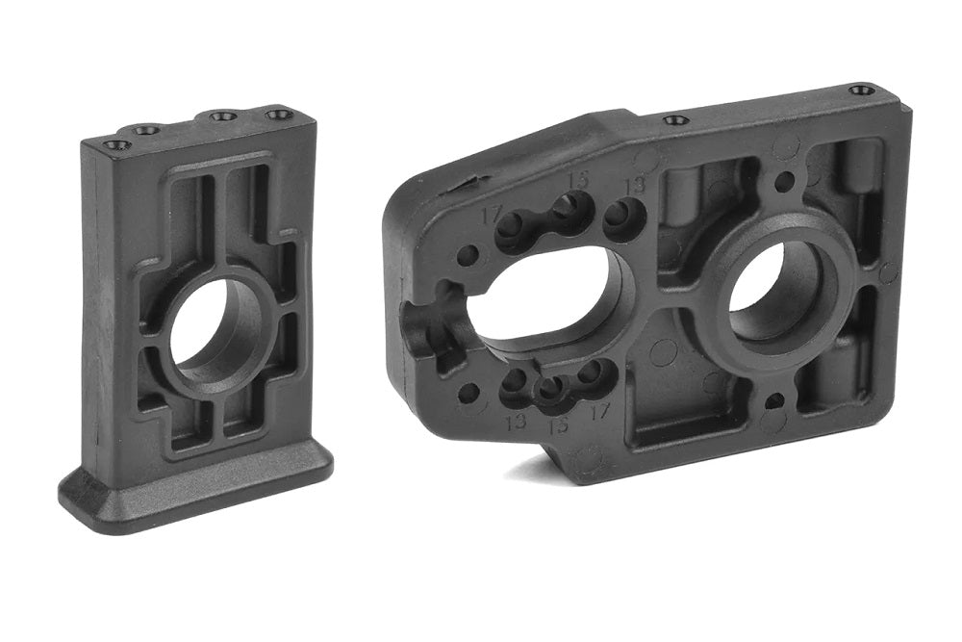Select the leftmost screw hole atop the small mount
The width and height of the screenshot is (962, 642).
tap(117, 145)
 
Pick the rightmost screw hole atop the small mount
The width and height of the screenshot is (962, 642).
tap(279, 115)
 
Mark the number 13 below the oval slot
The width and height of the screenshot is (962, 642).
tap(515, 421)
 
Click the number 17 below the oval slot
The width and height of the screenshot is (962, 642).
tap(601, 412)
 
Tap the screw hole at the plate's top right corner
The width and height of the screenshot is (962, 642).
tap(862, 90)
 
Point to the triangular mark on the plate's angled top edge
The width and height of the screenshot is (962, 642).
tap(468, 180)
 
